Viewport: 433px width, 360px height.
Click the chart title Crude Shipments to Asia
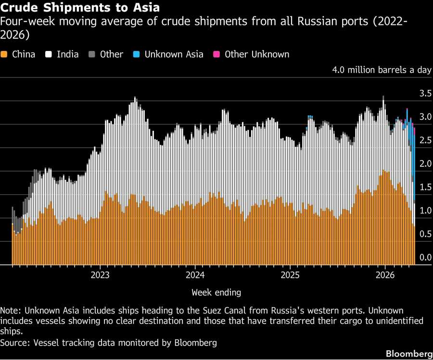[x=80, y=8]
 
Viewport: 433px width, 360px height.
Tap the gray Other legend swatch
[x=93, y=54]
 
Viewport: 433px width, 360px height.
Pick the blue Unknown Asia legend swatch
[x=136, y=54]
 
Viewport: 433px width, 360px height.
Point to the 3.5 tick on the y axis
[x=425, y=93]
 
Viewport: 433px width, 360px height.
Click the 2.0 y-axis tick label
[x=425, y=164]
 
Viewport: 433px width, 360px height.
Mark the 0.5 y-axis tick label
[x=425, y=234]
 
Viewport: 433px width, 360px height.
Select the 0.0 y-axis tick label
[x=425, y=258]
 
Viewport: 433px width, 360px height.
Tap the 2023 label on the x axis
[x=100, y=275]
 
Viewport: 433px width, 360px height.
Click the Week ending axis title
[x=216, y=292]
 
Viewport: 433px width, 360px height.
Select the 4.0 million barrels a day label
[x=382, y=70]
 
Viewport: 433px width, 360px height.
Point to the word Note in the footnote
[x=10, y=310]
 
